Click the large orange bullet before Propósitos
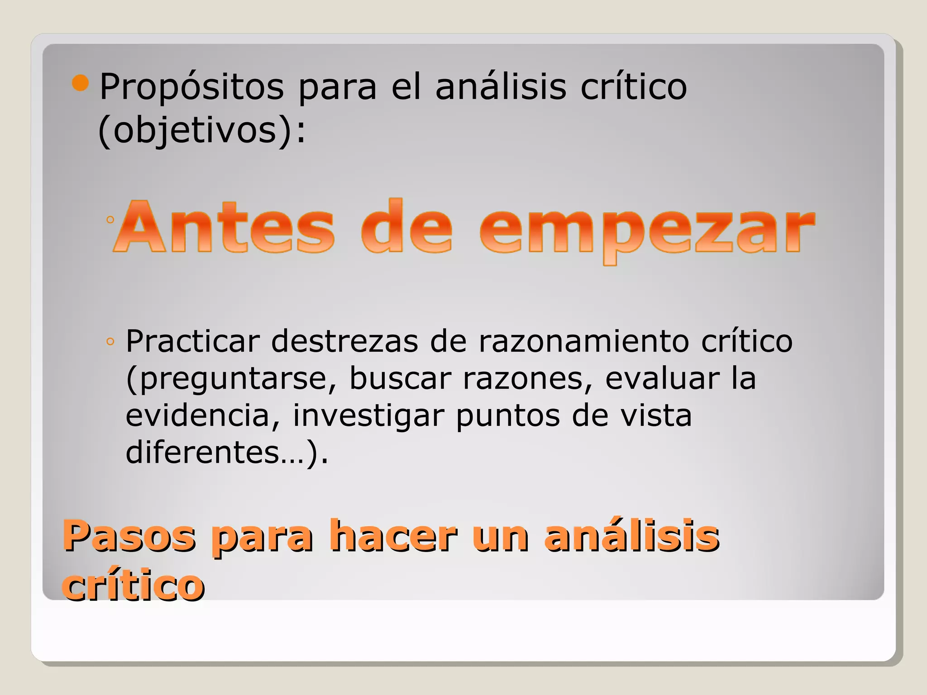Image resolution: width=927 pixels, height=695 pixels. tap(81, 83)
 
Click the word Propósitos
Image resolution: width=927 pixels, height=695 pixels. tap(191, 87)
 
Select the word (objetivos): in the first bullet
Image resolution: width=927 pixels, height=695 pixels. tap(202, 131)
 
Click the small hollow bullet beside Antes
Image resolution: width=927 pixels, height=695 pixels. tap(110, 220)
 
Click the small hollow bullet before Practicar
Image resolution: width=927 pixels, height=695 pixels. tap(110, 342)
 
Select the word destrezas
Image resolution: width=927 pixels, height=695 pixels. tap(344, 341)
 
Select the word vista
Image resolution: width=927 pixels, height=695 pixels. tap(656, 415)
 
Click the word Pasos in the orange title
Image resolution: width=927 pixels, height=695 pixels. tap(129, 536)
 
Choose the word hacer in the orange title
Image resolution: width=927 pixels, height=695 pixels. tap(393, 536)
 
